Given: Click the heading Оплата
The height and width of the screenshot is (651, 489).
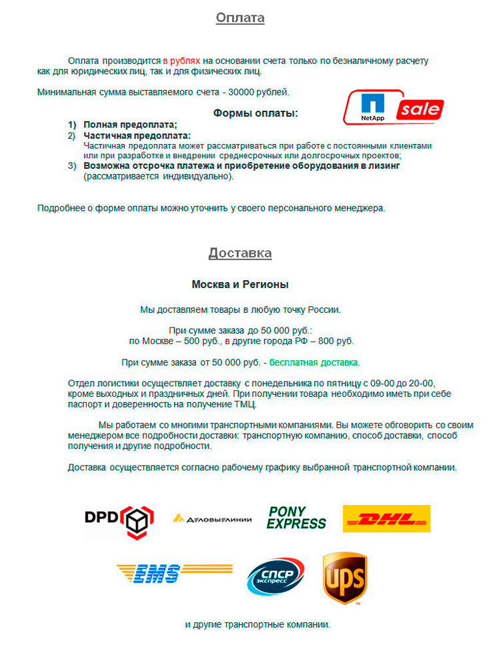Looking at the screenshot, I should [240, 18].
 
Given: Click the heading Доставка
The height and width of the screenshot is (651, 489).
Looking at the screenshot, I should [240, 253].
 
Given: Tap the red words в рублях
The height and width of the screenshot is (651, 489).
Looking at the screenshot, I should [181, 60].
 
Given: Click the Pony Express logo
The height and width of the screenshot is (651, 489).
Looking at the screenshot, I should [296, 518].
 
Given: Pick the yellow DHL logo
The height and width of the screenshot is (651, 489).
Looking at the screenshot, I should [386, 518].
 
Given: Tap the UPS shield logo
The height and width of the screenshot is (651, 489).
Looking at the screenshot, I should [344, 577].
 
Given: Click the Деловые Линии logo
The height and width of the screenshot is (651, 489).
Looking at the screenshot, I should [211, 518].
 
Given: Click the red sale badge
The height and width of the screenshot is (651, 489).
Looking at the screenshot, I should [420, 109].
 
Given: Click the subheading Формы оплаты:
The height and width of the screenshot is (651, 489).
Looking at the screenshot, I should [256, 113].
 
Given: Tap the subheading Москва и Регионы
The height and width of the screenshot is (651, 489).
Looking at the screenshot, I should [240, 285].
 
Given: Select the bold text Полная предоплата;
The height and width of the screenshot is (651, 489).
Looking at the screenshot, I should [130, 125].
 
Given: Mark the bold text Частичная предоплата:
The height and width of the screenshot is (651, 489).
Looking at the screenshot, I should [137, 135].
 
